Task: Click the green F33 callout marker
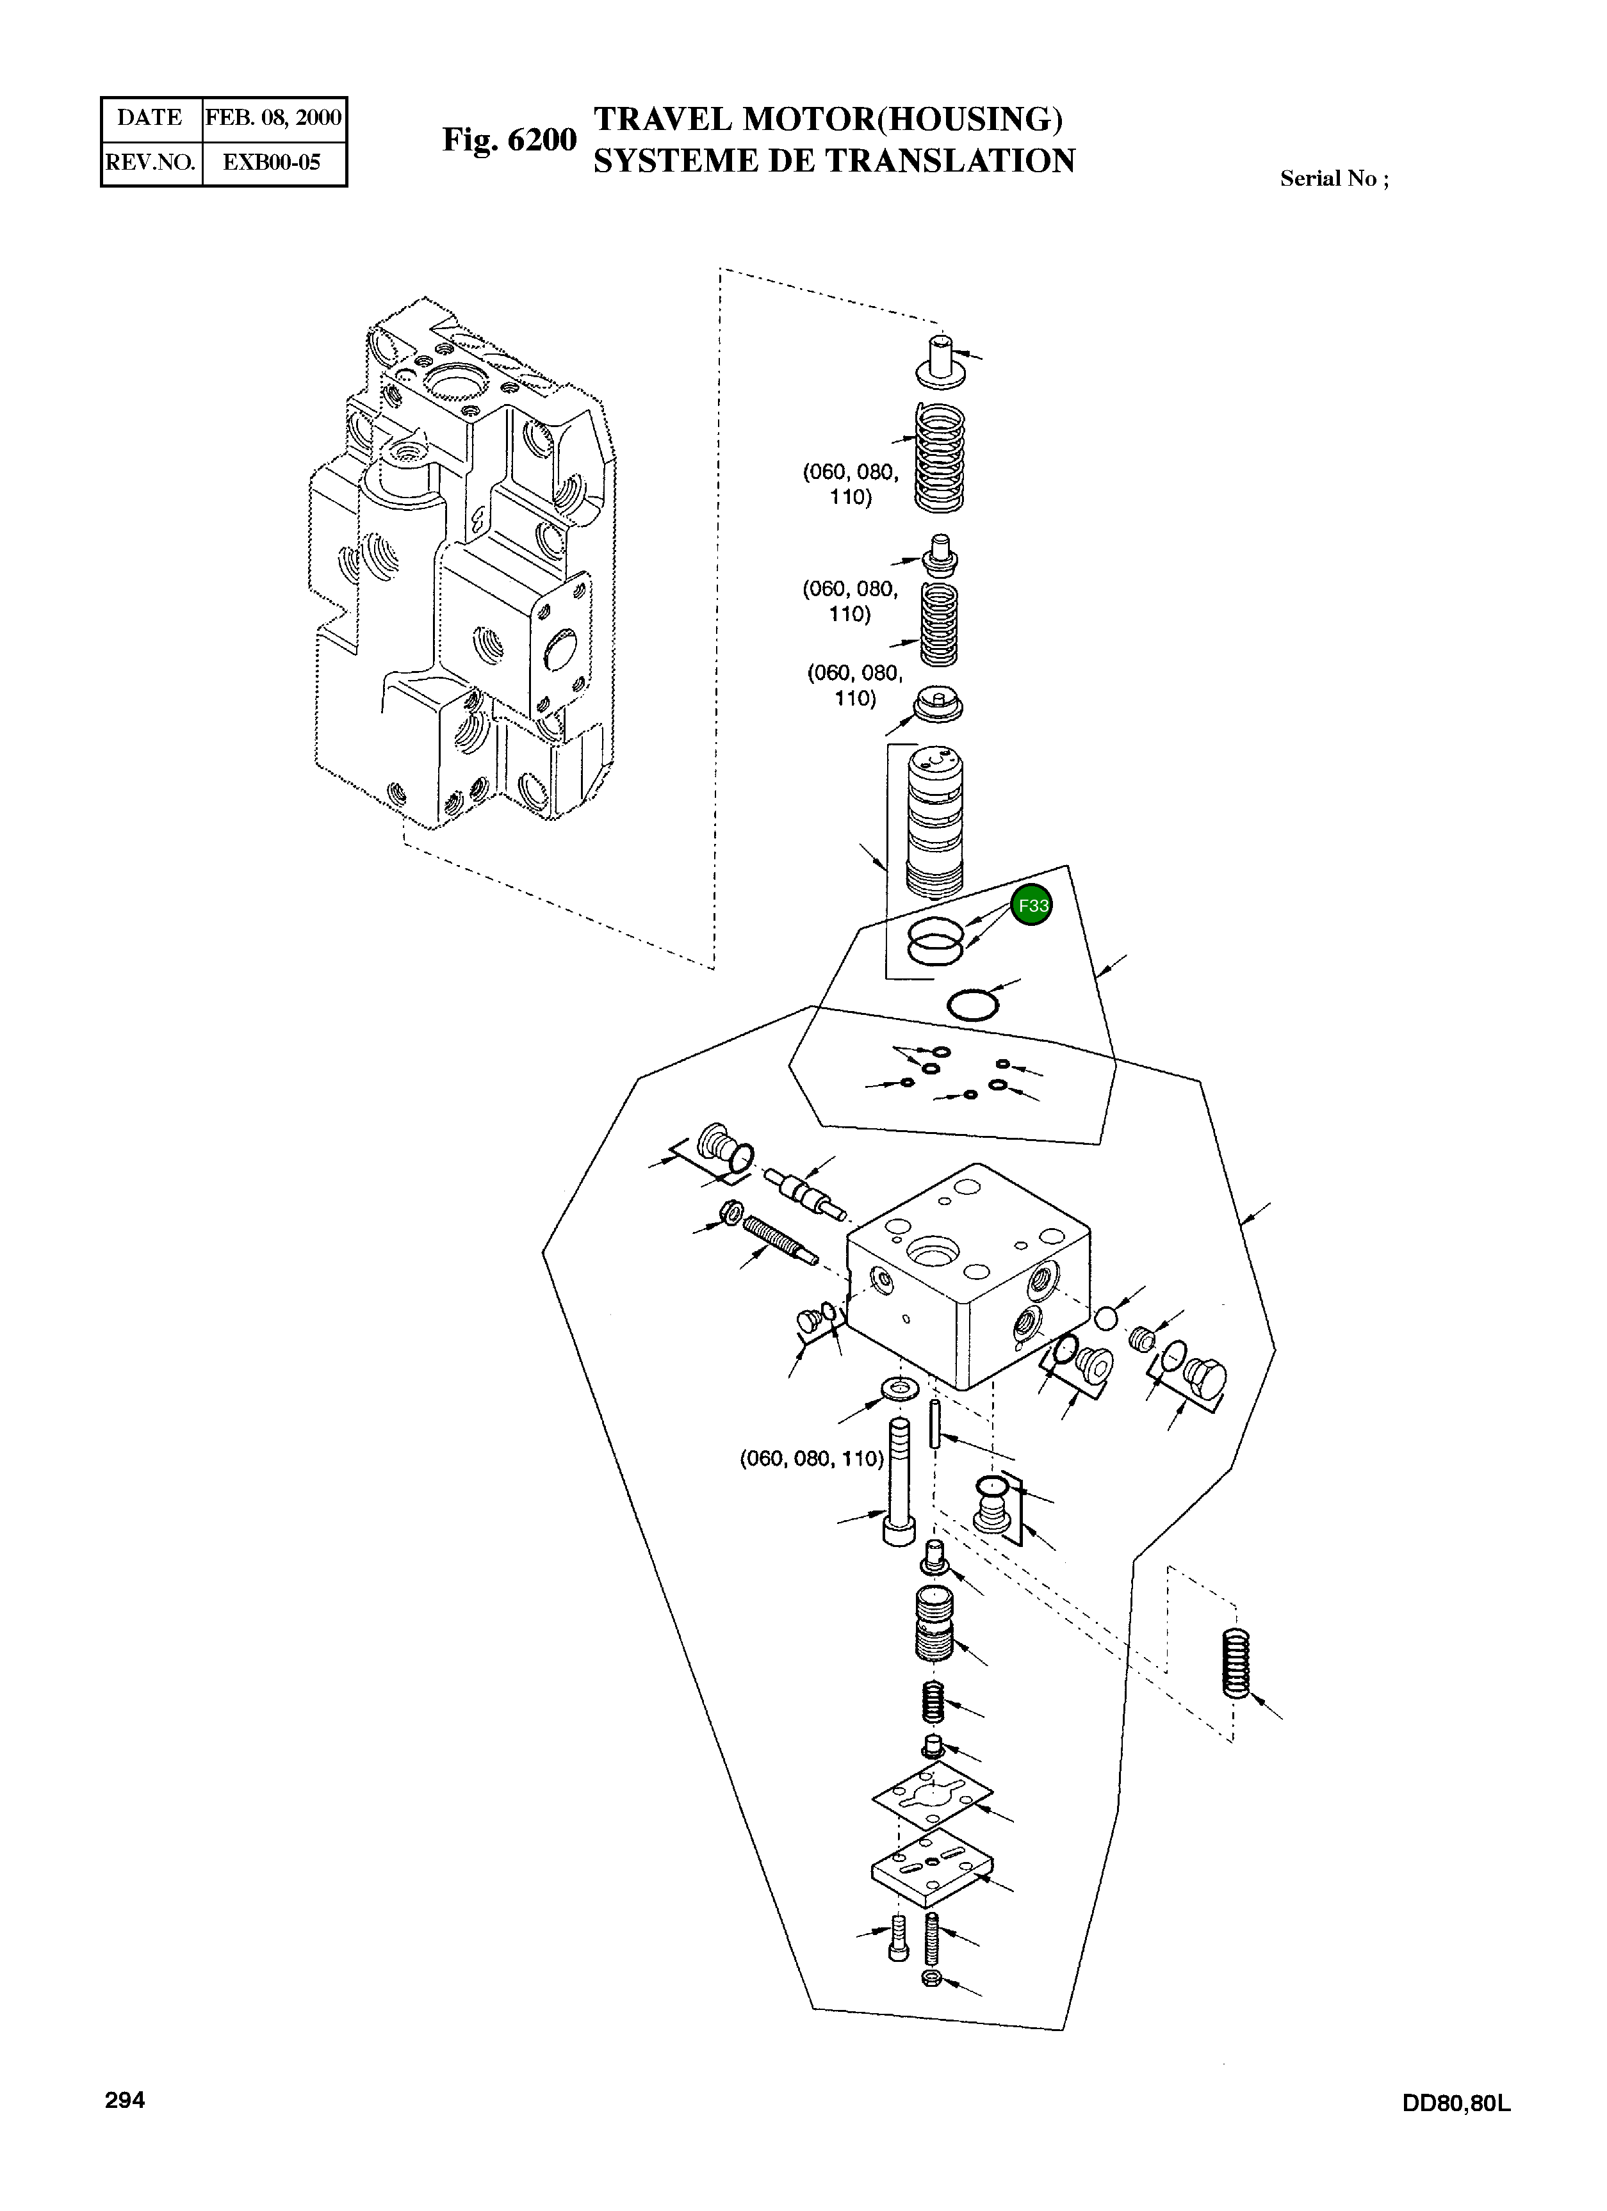click(1032, 905)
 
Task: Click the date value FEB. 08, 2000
click(273, 118)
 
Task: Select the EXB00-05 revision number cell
click(272, 163)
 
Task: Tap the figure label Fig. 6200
click(509, 140)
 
